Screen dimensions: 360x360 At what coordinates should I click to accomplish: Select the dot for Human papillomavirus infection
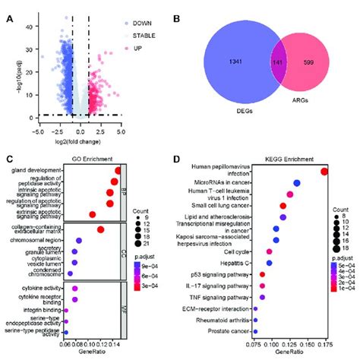tap(324, 172)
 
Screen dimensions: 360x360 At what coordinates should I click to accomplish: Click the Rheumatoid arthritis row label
tap(219, 320)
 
